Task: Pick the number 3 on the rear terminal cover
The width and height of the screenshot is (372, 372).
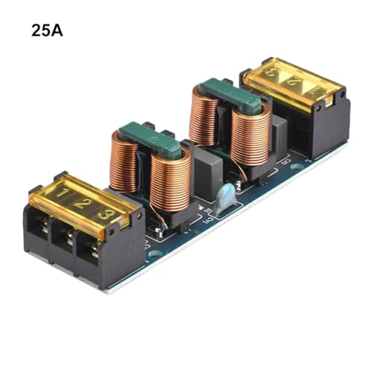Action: [275, 74]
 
